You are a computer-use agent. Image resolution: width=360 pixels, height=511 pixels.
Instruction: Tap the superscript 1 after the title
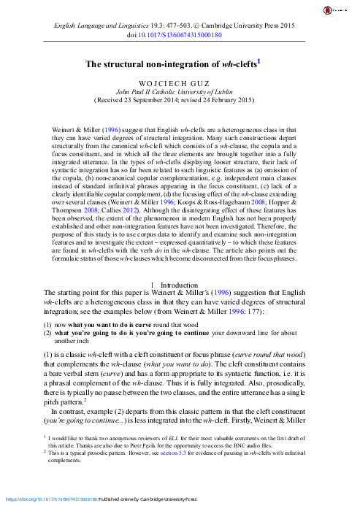[259, 62]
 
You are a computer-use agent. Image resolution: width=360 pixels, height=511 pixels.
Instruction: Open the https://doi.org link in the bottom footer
[50, 500]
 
